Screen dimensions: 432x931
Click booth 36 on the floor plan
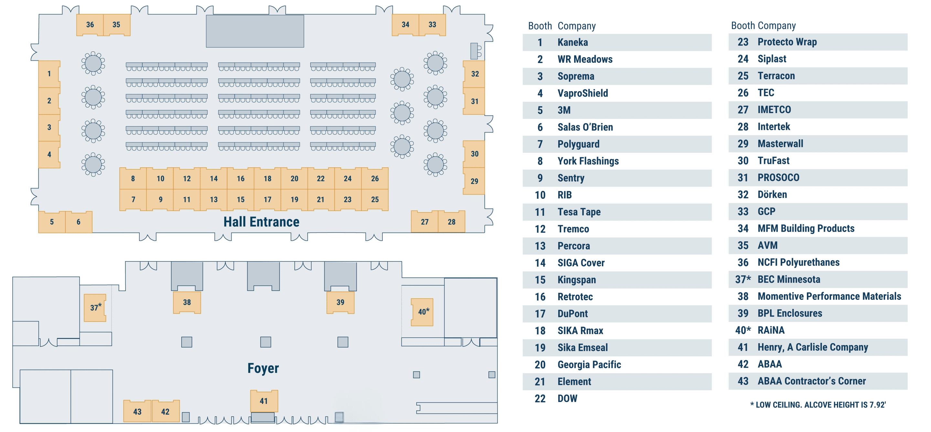(x=90, y=25)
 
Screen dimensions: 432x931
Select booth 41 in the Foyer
(x=264, y=401)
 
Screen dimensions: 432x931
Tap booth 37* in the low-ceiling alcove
(x=95, y=307)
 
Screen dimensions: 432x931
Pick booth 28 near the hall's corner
(x=451, y=221)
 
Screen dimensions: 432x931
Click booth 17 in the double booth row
(x=267, y=199)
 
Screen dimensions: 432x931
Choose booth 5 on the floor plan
(x=52, y=221)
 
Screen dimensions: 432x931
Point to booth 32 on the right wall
(x=475, y=74)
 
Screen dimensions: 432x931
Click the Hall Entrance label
(x=261, y=221)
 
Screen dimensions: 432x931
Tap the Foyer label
(x=263, y=368)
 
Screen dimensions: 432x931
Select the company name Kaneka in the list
(x=573, y=42)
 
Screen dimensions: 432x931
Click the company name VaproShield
(x=583, y=93)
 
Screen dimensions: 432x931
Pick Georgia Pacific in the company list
(x=589, y=364)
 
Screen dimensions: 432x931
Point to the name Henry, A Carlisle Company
(x=812, y=347)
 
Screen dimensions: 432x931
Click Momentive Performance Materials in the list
(x=829, y=296)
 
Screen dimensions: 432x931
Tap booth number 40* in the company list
(x=743, y=330)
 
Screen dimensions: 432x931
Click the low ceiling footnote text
(x=818, y=405)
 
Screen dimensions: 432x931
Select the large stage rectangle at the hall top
(x=255, y=31)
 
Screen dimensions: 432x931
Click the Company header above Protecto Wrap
(x=777, y=26)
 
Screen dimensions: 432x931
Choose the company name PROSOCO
(x=778, y=177)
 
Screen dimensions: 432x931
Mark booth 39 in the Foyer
(x=340, y=302)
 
